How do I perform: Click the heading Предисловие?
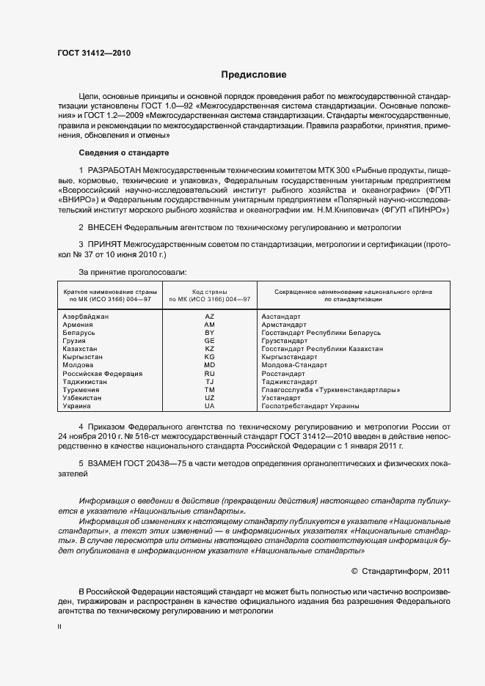[x=254, y=75]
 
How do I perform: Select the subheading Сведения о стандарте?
[x=124, y=152]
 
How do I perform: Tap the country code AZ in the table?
[x=209, y=316]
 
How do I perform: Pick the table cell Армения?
[x=78, y=324]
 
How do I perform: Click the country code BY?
[x=209, y=333]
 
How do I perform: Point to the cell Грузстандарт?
[x=285, y=341]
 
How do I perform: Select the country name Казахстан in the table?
[x=81, y=349]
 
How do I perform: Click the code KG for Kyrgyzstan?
[x=209, y=357]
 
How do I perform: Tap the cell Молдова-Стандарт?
[x=293, y=365]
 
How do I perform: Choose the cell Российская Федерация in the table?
[x=102, y=373]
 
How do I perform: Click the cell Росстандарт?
[x=284, y=373]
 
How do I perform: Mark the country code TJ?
[x=209, y=381]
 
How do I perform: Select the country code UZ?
[x=209, y=397]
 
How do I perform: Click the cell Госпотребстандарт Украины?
[x=310, y=405]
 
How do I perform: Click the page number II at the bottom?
[x=59, y=627]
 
